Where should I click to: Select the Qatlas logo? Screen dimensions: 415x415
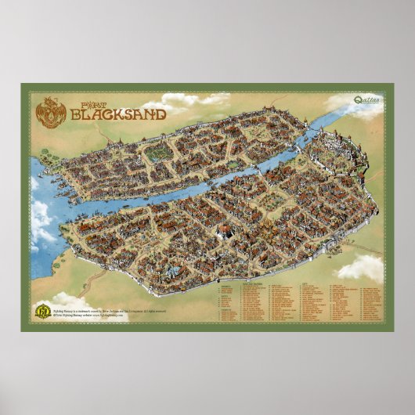(x=364, y=99)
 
